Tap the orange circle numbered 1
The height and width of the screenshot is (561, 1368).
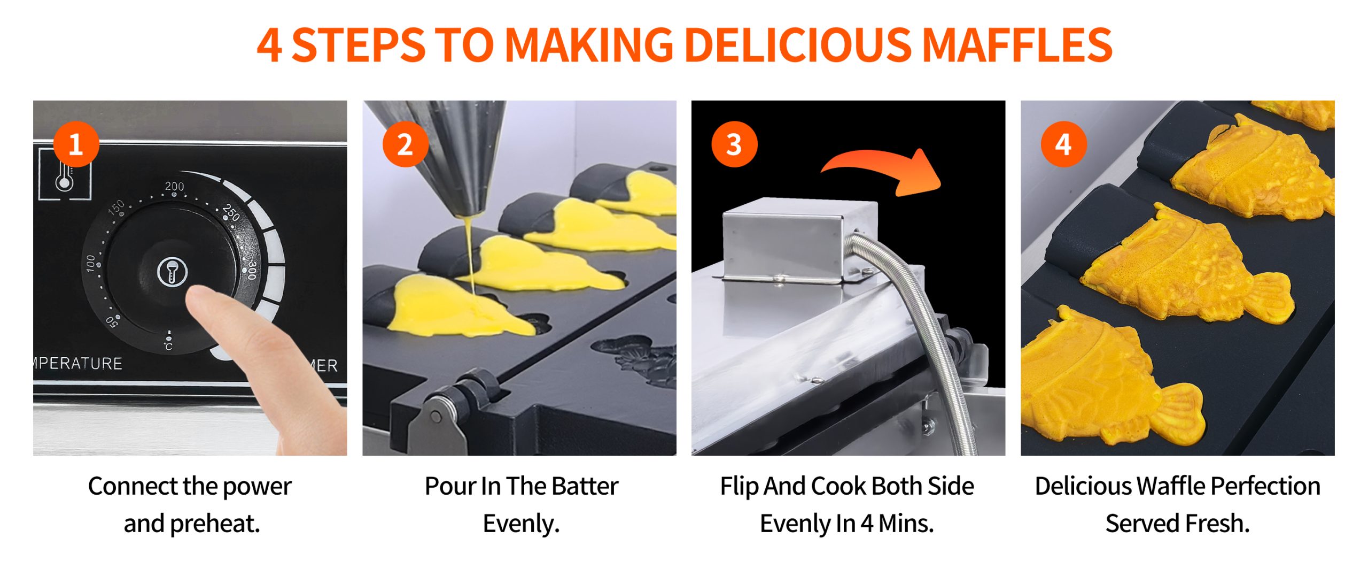tap(76, 144)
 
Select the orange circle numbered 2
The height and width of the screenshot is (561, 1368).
tap(405, 144)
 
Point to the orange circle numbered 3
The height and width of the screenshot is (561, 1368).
tap(734, 144)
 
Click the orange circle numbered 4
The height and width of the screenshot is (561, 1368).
tap(1063, 144)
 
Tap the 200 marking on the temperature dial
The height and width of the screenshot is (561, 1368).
tap(174, 186)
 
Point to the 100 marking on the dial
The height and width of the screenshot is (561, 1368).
tap(91, 263)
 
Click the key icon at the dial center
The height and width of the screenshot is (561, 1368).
tap(172, 272)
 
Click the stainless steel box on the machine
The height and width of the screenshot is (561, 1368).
tap(799, 240)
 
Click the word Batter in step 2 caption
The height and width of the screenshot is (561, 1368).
tap(585, 486)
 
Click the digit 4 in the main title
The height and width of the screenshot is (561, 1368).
tap(269, 45)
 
